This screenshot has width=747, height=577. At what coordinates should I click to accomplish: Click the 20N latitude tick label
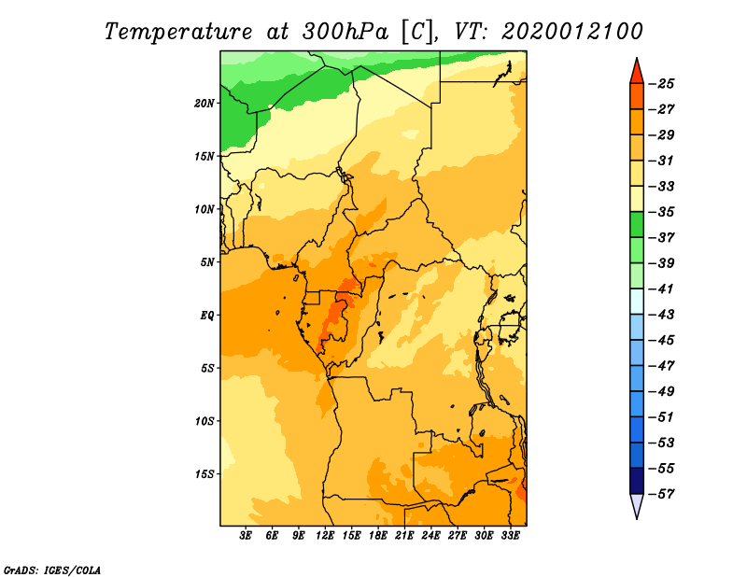(x=204, y=104)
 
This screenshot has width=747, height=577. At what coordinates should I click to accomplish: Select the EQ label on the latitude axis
(x=207, y=316)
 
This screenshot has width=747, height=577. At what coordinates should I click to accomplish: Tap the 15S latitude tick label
(x=204, y=474)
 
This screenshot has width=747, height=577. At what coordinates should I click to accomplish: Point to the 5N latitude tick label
(x=207, y=262)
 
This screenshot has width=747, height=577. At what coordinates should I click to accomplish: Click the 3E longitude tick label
(x=246, y=536)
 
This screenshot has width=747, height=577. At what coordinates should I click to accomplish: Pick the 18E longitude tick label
(x=378, y=536)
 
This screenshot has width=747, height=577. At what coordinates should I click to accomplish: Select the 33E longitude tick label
(x=510, y=536)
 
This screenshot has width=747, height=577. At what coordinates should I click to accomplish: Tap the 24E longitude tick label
(x=430, y=536)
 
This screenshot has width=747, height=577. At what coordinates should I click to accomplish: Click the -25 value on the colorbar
(x=662, y=84)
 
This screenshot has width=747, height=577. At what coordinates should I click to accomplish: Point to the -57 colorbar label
(x=662, y=494)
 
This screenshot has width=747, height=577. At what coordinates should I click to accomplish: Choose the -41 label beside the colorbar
(x=662, y=289)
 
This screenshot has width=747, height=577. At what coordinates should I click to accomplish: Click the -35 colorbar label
(x=662, y=212)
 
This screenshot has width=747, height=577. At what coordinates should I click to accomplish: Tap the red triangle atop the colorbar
(x=637, y=73)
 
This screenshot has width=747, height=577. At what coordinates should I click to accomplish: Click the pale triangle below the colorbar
(x=637, y=504)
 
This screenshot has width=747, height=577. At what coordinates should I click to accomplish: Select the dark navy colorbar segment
(x=637, y=481)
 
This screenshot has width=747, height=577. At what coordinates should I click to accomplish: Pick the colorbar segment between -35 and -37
(x=637, y=225)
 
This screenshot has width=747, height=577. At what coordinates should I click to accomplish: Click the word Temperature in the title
(x=178, y=32)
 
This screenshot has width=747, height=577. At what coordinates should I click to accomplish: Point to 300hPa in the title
(x=345, y=32)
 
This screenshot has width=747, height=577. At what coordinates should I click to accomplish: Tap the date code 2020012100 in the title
(x=572, y=32)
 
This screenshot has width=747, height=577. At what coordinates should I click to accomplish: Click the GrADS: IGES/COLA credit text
(x=52, y=570)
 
